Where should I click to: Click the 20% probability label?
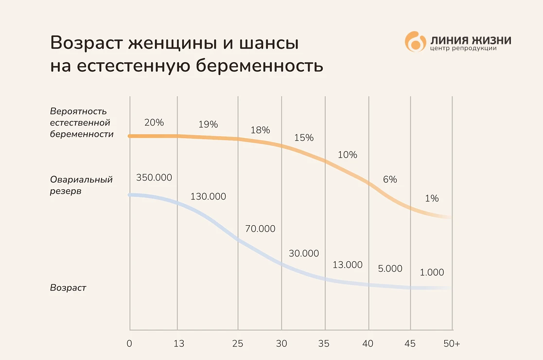coord(154,123)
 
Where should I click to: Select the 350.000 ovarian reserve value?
coord(154,178)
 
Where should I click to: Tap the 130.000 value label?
coord(208,197)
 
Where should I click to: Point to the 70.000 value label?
coord(260,229)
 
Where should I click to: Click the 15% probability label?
coord(304,138)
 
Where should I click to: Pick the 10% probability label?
coord(347,155)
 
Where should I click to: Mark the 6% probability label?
coord(390,179)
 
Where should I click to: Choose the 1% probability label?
coord(431,198)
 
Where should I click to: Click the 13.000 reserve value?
coord(348,265)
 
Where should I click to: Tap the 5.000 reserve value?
coord(390,268)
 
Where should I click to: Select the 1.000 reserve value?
coord(432,272)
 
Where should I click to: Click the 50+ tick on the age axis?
coord(452,343)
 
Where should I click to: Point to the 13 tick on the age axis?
coord(178,343)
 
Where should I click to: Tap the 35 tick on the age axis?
coord(323,343)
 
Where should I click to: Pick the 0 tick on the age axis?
coord(129,343)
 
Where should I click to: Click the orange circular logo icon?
coord(415,42)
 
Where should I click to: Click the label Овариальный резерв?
coord(81,185)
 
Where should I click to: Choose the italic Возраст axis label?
coord(68,288)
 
